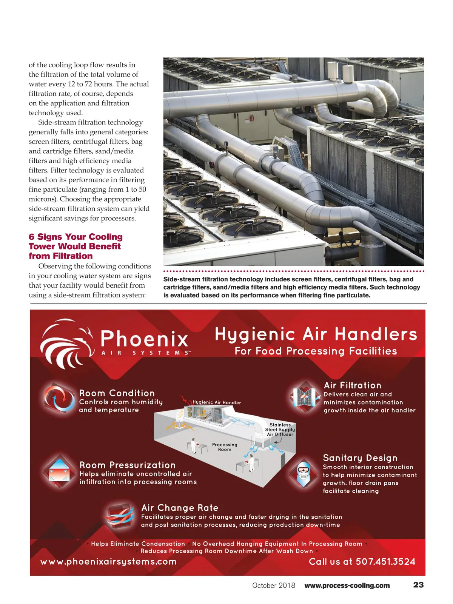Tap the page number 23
pos(418,585)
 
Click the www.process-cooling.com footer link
pos(347,586)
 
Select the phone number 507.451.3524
pos(385,562)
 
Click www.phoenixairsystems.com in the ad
pos(108,562)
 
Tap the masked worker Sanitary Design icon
pos(304,473)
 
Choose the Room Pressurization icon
pos(59,471)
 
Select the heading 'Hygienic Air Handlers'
pos(316,334)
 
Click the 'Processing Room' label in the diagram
pos(225,447)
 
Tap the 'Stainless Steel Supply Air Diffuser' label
pos(280,430)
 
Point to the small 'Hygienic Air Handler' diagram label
pos(217,402)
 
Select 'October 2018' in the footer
pos(274,586)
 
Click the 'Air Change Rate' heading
pos(180,508)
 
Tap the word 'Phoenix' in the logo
pos(145,338)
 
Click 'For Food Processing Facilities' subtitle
pos(316,351)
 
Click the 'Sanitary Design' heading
pos(360,458)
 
